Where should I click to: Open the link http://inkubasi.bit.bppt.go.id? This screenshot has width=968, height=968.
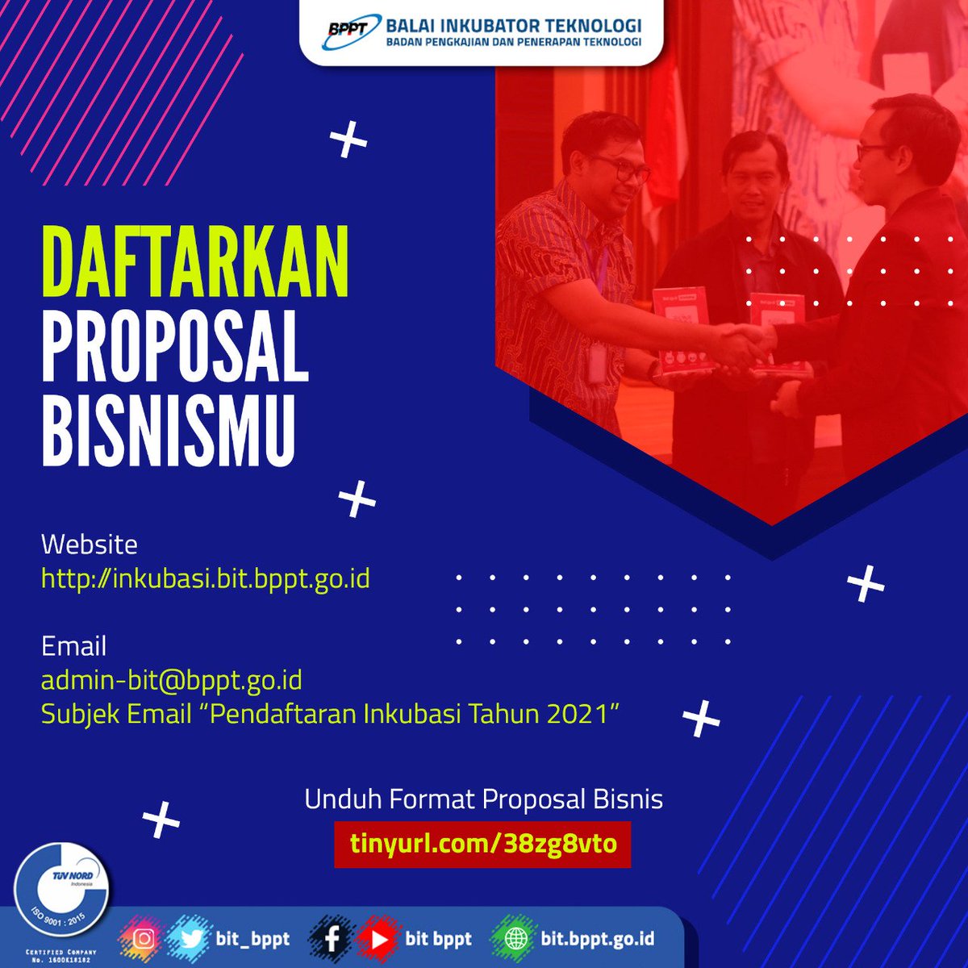coord(205,578)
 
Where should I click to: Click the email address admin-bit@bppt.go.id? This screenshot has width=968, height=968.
coord(171,680)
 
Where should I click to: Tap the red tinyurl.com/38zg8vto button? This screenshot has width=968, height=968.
coord(483,844)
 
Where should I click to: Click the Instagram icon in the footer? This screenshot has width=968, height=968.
coord(144,938)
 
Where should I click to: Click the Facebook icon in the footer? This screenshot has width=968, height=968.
coord(332,938)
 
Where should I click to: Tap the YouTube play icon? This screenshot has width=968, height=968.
coord(376,938)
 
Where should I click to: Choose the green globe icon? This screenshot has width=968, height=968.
coord(514,938)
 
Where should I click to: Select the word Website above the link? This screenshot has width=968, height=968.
coord(90,544)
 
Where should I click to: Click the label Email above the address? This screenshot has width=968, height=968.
coord(73,646)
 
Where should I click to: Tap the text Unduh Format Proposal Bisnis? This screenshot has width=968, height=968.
coord(483,799)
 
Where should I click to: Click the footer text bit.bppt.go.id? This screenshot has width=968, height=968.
coord(598,938)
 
